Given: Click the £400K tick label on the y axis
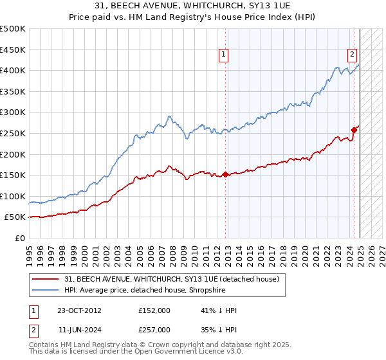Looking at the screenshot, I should pos(13,70).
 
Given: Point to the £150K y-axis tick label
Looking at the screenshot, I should pos(13,175).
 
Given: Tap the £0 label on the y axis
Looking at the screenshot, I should pos(20,238).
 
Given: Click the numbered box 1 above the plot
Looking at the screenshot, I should pos(223,55).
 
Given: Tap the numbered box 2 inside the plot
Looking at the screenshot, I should pos(353,55).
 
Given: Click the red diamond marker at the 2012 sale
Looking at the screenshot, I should pos(226,174).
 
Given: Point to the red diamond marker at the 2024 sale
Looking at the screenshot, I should pos(354,130).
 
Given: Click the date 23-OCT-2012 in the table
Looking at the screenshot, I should pos(79,310).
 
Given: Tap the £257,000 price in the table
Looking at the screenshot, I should pos(154,329).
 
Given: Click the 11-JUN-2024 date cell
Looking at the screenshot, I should pos(79,329).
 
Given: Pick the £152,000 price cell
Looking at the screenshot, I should pos(154,310).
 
